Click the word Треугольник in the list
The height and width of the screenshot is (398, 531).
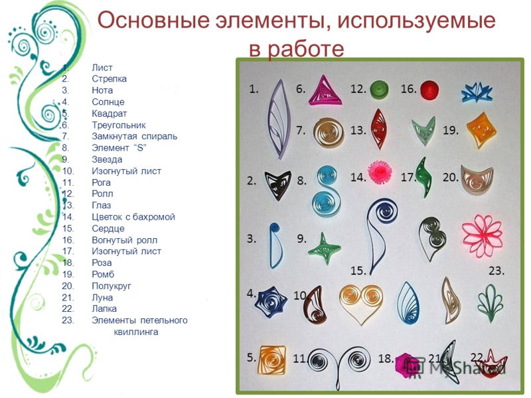tap(119, 125)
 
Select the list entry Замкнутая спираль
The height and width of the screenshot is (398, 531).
tap(135, 137)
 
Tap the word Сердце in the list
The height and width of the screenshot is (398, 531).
tap(108, 229)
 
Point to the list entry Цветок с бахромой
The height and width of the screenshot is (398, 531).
tap(133, 217)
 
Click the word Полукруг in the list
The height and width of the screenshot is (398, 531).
tap(111, 287)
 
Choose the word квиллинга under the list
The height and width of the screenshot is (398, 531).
tap(136, 332)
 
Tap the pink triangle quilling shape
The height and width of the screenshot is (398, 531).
tap(325, 92)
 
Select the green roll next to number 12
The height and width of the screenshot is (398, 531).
tap(379, 90)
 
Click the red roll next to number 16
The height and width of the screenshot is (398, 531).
tap(429, 90)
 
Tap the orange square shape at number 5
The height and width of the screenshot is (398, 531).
tap(272, 360)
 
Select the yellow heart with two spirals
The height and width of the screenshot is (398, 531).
tap(361, 302)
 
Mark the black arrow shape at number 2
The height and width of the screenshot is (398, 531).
tap(277, 184)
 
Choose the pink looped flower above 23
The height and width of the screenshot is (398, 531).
tap(483, 235)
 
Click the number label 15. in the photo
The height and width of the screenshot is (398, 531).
tap(358, 271)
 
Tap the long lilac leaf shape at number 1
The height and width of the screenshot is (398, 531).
tap(279, 119)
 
